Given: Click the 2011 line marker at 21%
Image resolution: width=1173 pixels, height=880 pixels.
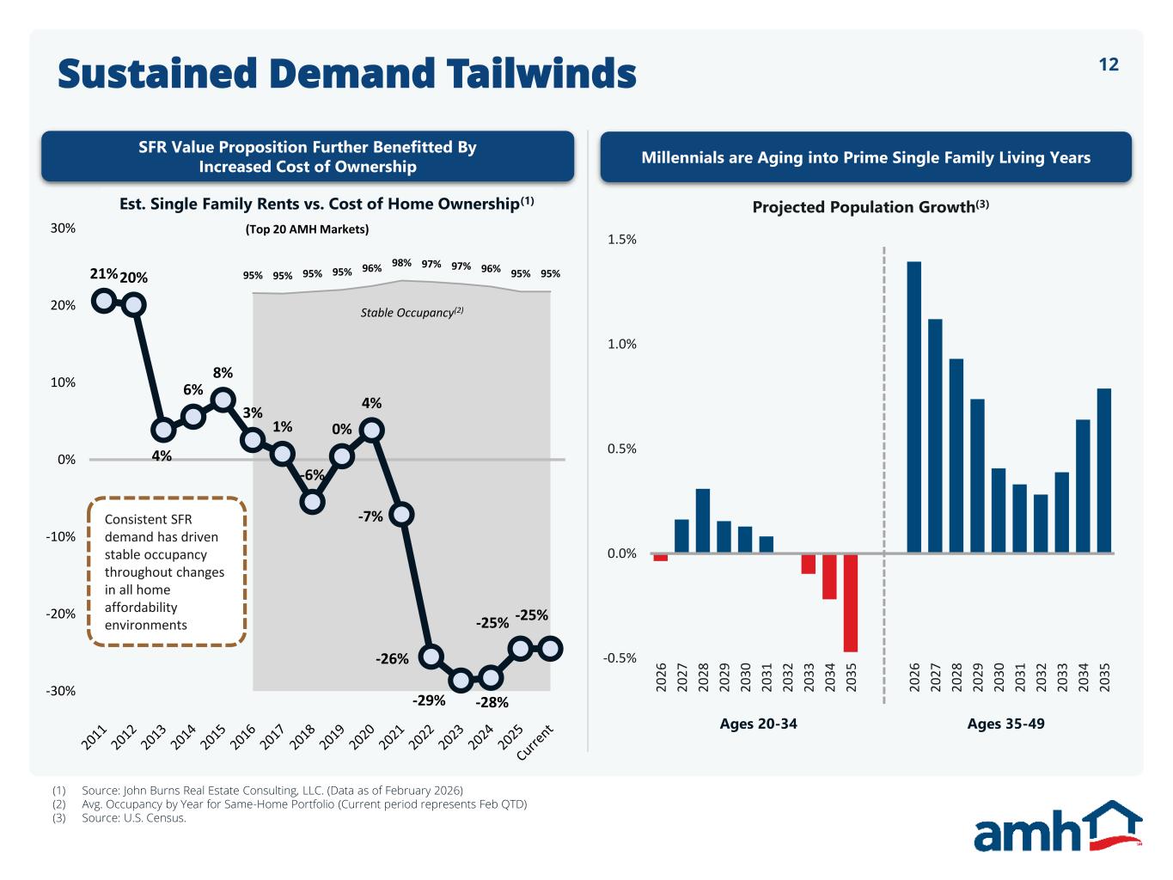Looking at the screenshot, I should click(x=104, y=301).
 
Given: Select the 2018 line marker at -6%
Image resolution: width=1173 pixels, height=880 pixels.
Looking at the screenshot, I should click(x=312, y=502).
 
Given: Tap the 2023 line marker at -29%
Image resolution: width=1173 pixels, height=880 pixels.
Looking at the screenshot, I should click(x=461, y=681).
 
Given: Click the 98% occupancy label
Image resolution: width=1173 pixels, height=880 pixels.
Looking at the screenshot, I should click(x=401, y=263).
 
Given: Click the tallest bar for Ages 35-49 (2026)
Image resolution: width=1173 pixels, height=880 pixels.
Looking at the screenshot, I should click(x=913, y=406).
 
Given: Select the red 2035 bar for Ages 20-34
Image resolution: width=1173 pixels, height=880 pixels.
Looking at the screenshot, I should click(x=851, y=602).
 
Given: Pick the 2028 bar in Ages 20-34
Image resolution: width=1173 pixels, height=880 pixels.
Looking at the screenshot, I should click(x=703, y=521).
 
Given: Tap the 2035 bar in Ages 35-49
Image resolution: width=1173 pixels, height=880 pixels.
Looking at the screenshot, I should click(x=1104, y=471).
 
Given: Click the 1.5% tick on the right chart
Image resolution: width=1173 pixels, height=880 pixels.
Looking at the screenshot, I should click(x=622, y=240).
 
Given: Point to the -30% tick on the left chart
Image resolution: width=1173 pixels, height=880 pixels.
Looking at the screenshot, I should click(x=61, y=691).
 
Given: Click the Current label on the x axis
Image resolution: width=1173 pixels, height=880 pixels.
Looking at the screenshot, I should click(x=535, y=743).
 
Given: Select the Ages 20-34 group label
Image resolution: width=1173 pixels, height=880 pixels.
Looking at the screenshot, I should click(x=758, y=724).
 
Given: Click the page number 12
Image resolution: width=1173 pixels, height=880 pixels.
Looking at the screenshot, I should click(x=1109, y=65).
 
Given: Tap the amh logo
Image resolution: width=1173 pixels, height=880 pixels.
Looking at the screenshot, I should click(x=1057, y=827).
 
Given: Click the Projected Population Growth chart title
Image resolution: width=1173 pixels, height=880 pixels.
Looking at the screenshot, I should click(x=870, y=207).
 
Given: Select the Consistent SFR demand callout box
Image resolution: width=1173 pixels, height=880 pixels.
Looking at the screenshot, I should click(x=167, y=571).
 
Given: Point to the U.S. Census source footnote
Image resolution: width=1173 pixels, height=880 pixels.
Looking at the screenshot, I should click(x=133, y=818).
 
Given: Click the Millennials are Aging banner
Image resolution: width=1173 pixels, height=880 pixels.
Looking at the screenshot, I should click(x=865, y=157).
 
